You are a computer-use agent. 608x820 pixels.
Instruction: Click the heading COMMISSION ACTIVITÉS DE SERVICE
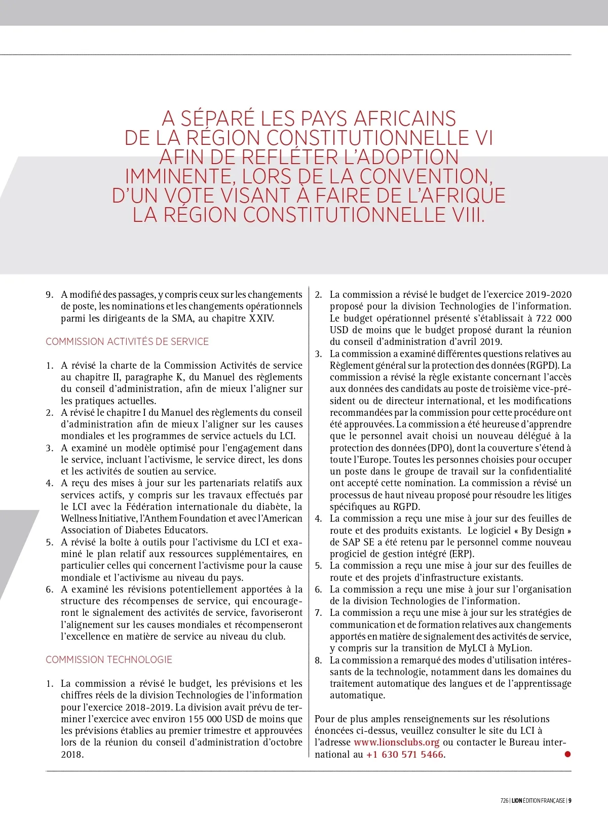[x=127, y=341]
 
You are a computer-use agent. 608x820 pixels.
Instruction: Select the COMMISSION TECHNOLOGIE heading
[x=109, y=659]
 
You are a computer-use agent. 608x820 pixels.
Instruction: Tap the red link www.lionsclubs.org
[x=396, y=743]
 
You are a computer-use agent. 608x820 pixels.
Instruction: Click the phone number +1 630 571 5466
[x=405, y=754]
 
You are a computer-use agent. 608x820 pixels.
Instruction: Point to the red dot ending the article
[x=567, y=754]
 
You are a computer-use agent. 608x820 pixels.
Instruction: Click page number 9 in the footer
[x=570, y=801]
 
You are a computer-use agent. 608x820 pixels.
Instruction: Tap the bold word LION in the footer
[x=516, y=801]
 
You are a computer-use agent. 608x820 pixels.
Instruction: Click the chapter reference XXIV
[x=261, y=318]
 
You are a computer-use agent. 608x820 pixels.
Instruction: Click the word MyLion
[x=514, y=648]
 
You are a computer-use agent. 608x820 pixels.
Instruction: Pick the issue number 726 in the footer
[x=504, y=801]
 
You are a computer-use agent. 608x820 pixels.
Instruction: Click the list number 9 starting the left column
[x=49, y=295]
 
